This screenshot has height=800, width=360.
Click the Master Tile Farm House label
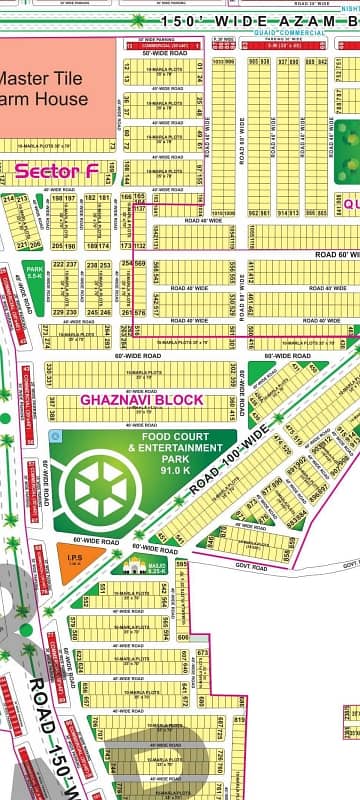click(x=45, y=88)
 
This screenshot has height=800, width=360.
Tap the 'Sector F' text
click(x=56, y=172)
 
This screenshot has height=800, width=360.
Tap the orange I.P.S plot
click(x=74, y=563)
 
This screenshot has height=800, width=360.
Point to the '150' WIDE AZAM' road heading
click(x=250, y=20)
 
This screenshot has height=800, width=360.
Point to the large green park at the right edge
click(x=347, y=150)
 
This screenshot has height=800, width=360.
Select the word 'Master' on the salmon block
click(x=20, y=78)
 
